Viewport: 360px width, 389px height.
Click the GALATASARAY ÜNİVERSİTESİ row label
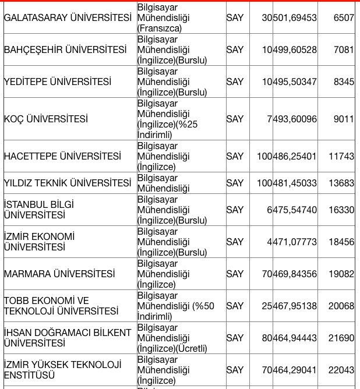tap(68, 18)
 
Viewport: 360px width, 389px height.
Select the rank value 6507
tap(344, 18)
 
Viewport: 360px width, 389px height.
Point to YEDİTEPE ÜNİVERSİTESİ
tap(57, 82)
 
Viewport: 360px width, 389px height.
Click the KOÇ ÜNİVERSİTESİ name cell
tap(46, 119)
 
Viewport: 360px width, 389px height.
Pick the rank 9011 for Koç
tap(344, 119)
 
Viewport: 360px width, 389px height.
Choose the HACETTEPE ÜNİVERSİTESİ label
tap(62, 156)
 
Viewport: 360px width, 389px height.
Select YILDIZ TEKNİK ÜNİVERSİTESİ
tap(68, 183)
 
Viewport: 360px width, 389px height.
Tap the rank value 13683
tap(341, 183)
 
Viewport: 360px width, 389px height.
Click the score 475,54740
tap(295, 210)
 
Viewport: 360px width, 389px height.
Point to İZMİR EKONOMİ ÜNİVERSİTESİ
tap(39, 242)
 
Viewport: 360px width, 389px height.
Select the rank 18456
tap(341, 242)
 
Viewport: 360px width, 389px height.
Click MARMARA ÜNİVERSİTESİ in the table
tap(59, 274)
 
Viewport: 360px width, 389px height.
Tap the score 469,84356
tap(295, 274)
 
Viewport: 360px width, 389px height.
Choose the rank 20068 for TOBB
tap(341, 306)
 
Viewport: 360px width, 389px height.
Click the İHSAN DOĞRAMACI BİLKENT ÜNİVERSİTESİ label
tap(68, 338)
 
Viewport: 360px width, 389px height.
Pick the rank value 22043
tap(341, 370)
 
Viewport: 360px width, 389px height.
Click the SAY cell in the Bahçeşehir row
tap(235, 50)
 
